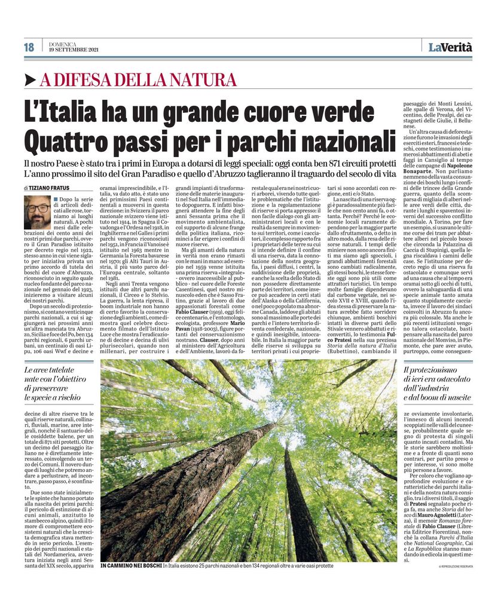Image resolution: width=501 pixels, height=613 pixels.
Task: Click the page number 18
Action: (29, 47)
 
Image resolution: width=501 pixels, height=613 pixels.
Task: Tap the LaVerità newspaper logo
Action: (450, 47)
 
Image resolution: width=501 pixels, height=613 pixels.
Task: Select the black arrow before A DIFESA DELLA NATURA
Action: (30, 80)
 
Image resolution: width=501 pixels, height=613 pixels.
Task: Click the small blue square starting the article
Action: (55, 198)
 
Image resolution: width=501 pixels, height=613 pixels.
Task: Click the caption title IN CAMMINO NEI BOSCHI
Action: (131, 565)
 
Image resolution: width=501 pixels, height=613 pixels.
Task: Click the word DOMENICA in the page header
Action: (63, 44)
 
